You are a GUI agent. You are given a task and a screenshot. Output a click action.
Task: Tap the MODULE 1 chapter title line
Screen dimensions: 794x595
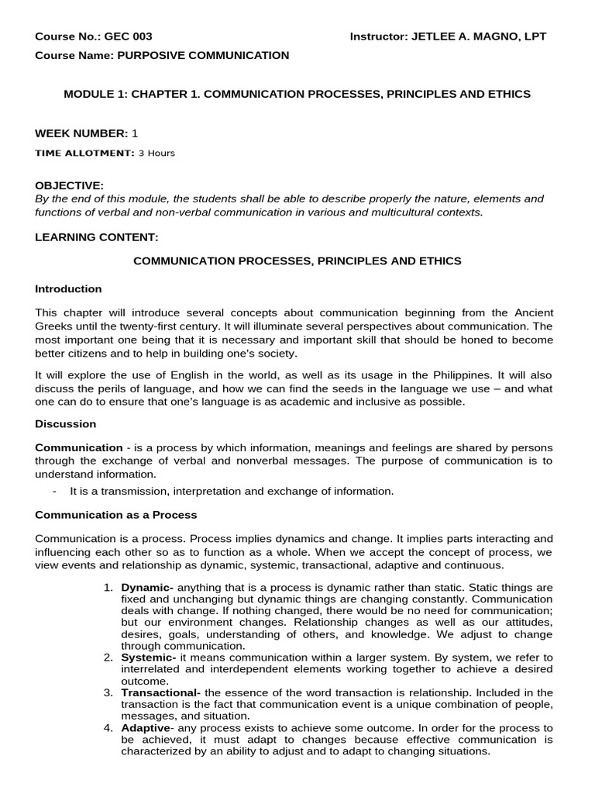pyautogui.click(x=297, y=94)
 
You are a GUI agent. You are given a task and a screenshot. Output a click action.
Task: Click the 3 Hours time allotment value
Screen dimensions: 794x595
pyautogui.click(x=156, y=153)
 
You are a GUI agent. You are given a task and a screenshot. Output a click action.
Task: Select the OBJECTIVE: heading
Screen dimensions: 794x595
pyautogui.click(x=69, y=185)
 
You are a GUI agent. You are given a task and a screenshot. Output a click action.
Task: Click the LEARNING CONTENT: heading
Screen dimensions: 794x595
pyautogui.click(x=97, y=236)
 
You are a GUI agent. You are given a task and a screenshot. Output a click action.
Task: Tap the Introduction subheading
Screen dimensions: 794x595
pyautogui.click(x=68, y=288)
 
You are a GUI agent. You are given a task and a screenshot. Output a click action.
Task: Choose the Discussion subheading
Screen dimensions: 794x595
pyautogui.click(x=66, y=424)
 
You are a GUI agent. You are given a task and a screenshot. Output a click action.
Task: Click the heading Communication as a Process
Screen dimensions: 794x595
pyautogui.click(x=116, y=514)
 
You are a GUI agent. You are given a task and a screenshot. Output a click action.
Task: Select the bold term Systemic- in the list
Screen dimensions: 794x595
pyautogui.click(x=149, y=658)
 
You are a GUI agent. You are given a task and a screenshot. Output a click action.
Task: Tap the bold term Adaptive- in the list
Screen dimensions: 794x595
pyautogui.click(x=147, y=728)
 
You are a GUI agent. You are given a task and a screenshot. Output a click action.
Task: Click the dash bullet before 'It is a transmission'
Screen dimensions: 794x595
pyautogui.click(x=54, y=491)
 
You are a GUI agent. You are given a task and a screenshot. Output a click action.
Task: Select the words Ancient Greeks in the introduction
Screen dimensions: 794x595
pyautogui.click(x=535, y=312)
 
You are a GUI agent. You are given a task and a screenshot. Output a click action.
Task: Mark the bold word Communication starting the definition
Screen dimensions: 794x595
pyautogui.click(x=79, y=447)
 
